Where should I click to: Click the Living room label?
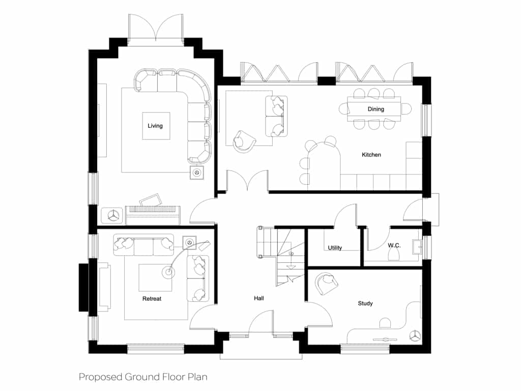[155, 126]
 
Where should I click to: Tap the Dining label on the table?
[376, 109]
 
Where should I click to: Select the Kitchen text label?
[371, 155]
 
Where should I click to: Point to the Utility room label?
[335, 248]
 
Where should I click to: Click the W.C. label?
[394, 245]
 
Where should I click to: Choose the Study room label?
[365, 303]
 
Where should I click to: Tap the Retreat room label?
[152, 298]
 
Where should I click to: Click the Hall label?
[259, 298]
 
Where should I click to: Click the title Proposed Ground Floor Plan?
[143, 377]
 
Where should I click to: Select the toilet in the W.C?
[393, 255]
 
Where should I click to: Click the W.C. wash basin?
[417, 247]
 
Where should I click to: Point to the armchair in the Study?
[326, 283]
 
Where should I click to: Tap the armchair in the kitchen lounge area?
[244, 142]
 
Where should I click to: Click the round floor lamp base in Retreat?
[168, 272]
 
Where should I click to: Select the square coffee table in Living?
[156, 126]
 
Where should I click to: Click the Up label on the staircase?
[291, 254]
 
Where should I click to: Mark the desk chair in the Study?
[385, 323]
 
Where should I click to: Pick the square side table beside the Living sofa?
[197, 173]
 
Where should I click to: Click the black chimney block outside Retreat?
[83, 287]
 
